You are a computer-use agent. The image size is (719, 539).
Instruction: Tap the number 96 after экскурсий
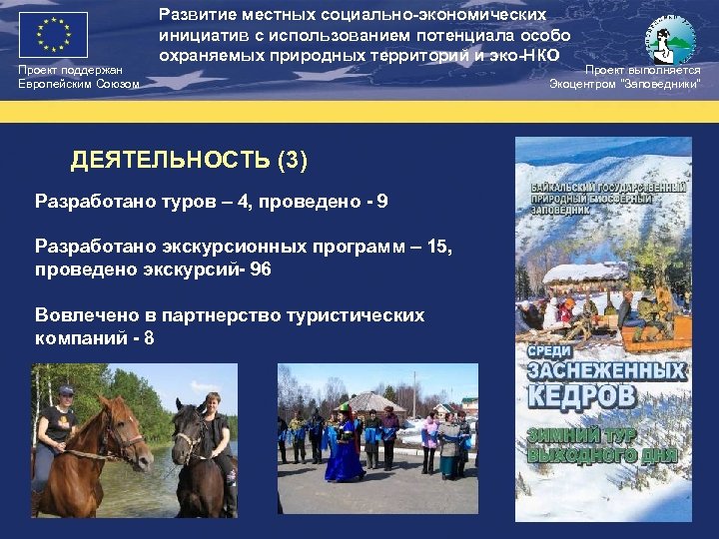260,269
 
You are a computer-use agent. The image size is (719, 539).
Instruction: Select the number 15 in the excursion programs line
437,247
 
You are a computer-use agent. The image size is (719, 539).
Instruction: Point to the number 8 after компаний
149,338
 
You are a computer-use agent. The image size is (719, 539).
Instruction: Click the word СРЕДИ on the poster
545,350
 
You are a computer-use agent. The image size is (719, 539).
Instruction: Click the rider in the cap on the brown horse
58,419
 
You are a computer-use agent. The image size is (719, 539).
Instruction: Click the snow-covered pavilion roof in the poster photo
584,271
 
